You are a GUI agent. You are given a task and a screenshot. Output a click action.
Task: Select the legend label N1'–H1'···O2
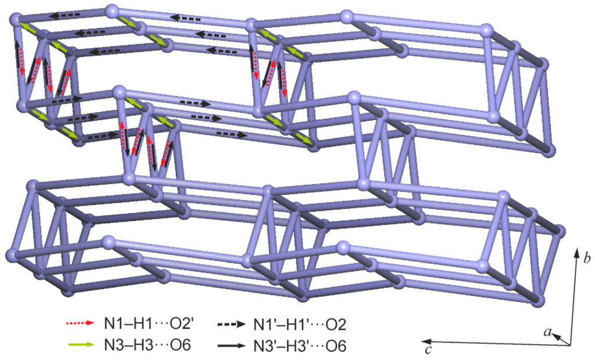point(300,321)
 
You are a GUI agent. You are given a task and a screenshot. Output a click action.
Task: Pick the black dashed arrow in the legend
point(232,321)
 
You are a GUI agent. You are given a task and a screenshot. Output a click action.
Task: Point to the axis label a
point(547,331)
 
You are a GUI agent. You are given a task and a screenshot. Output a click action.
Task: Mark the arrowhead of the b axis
point(576,251)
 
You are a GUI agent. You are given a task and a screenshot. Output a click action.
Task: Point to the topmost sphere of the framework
point(113,10)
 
